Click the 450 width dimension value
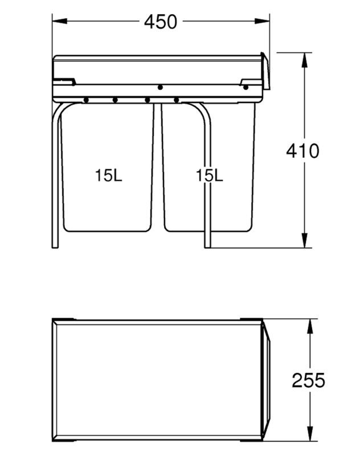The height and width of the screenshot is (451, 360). tap(161, 22)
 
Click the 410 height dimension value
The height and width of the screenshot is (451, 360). tap(302, 151)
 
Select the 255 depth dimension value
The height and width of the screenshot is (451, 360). tap(308, 380)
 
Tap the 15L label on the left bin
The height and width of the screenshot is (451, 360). tap(108, 175)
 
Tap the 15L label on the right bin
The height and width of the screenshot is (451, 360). tap(209, 175)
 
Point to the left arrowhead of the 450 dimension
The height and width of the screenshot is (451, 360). tap(60, 21)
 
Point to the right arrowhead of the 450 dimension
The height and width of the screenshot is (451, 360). tap(262, 21)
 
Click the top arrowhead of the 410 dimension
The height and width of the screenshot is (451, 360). tap(304, 60)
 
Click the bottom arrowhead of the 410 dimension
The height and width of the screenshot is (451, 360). tap(304, 240)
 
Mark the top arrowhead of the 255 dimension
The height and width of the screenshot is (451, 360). tap(310, 326)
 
